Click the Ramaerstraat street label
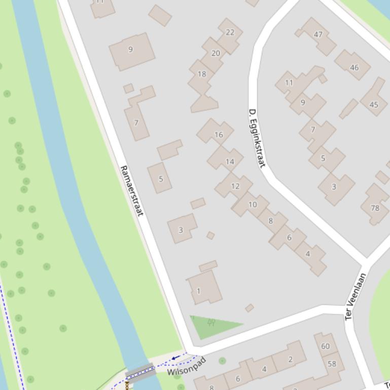(x=132, y=190)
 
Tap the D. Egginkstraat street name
(x=257, y=138)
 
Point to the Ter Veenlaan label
(x=356, y=296)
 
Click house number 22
(x=230, y=32)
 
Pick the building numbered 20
(x=216, y=53)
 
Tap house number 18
(x=202, y=74)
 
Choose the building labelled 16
(x=219, y=135)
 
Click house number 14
(x=230, y=162)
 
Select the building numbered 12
(x=235, y=186)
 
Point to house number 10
(x=252, y=205)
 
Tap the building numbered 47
(x=318, y=34)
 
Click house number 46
(x=354, y=67)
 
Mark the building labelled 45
(x=374, y=105)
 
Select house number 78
(x=375, y=208)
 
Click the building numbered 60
(x=325, y=346)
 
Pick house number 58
(x=332, y=364)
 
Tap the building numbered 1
(x=199, y=291)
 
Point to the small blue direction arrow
(x=175, y=358)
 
